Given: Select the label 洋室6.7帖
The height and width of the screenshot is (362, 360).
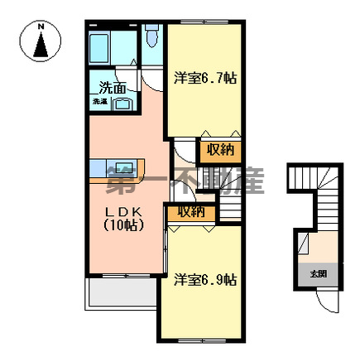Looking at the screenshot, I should click(205, 79).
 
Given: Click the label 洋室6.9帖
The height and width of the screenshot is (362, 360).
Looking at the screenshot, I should click(205, 280).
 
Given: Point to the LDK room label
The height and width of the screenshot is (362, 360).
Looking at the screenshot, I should click(124, 211).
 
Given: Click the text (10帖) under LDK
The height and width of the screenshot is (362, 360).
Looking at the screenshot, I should click(124, 224).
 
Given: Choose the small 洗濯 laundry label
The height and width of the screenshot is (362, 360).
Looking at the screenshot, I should click(99, 102).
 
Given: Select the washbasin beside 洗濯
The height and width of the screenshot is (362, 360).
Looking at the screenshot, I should click(122, 103).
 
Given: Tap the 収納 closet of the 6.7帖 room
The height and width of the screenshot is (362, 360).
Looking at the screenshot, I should click(220, 150).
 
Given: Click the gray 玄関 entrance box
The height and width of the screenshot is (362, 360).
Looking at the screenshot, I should click(319, 273).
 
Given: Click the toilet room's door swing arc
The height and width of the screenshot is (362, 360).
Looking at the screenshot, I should click(151, 80).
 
